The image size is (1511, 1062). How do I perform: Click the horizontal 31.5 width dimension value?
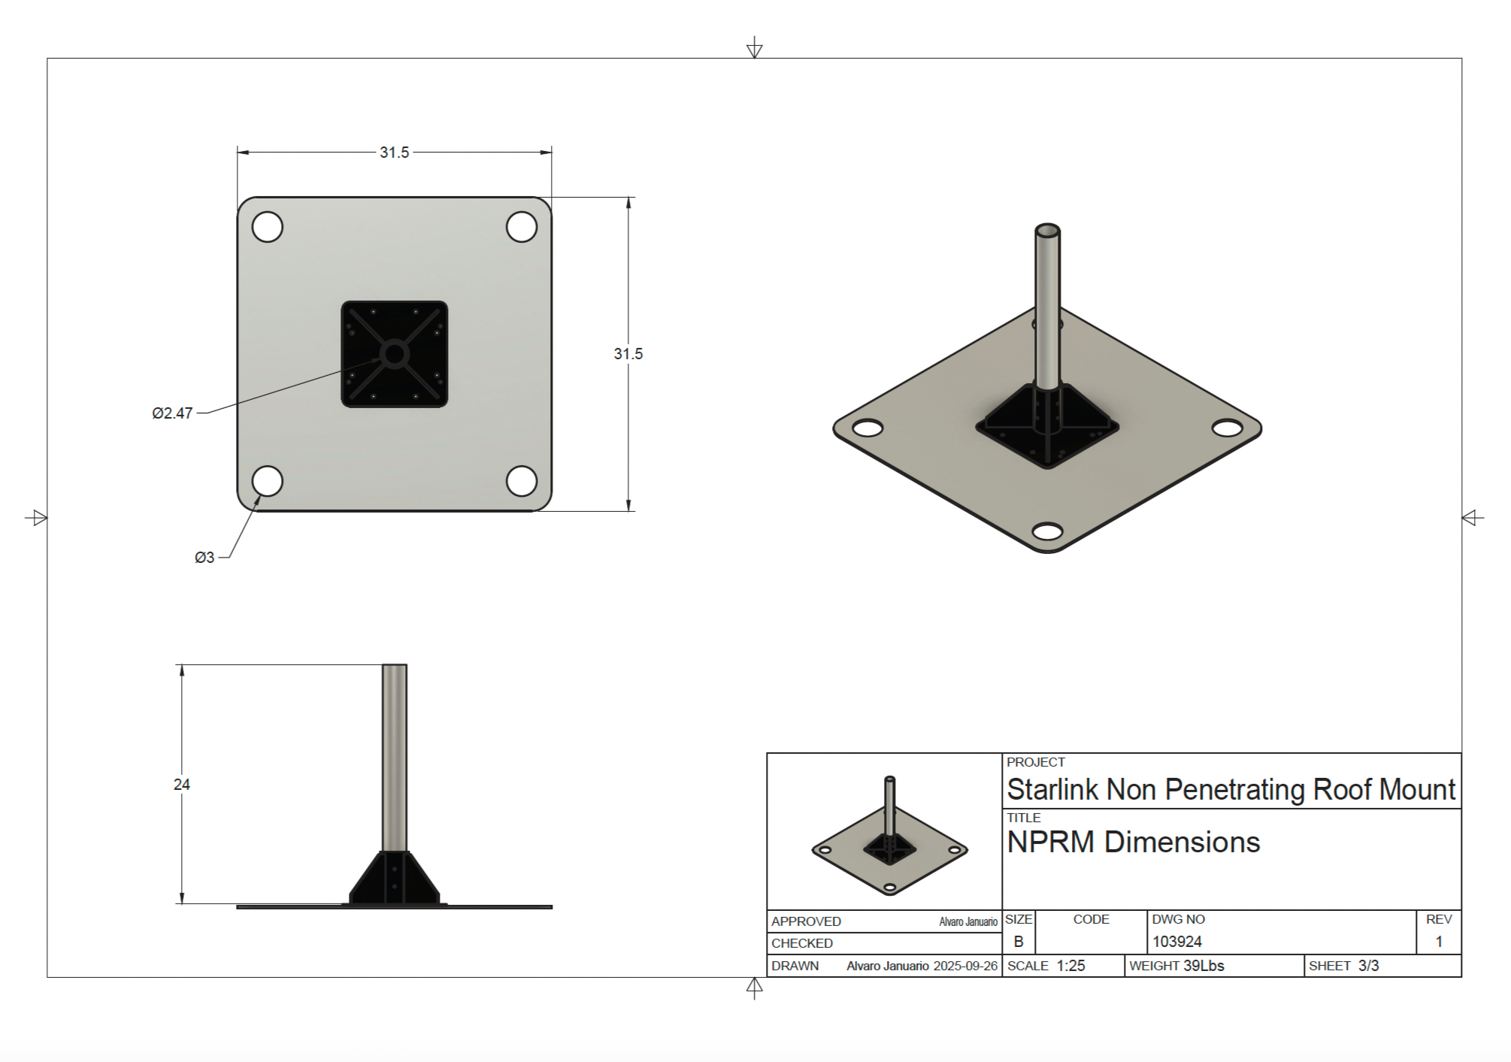394,153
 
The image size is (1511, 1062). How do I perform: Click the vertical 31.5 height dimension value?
628,354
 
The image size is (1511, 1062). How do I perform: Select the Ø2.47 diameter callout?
172,413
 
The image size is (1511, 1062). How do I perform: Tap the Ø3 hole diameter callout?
204,558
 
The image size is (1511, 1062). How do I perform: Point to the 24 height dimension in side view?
181,785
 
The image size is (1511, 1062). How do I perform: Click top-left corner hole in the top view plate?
267,226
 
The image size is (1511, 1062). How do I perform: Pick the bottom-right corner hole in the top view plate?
522,481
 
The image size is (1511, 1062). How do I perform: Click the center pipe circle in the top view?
394,354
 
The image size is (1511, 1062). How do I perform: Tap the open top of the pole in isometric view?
1047,230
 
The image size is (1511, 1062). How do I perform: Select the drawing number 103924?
1176,942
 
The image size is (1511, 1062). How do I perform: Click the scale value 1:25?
1070,966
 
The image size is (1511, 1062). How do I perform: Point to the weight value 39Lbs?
1204,966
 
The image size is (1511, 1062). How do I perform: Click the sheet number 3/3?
1368,966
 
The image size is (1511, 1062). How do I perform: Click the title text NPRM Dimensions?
1133,843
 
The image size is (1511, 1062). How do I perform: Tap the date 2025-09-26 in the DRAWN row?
965,967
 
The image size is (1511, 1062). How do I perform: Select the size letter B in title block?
1019,942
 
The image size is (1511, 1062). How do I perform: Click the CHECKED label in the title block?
801,943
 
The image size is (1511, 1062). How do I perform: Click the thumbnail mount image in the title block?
889,838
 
